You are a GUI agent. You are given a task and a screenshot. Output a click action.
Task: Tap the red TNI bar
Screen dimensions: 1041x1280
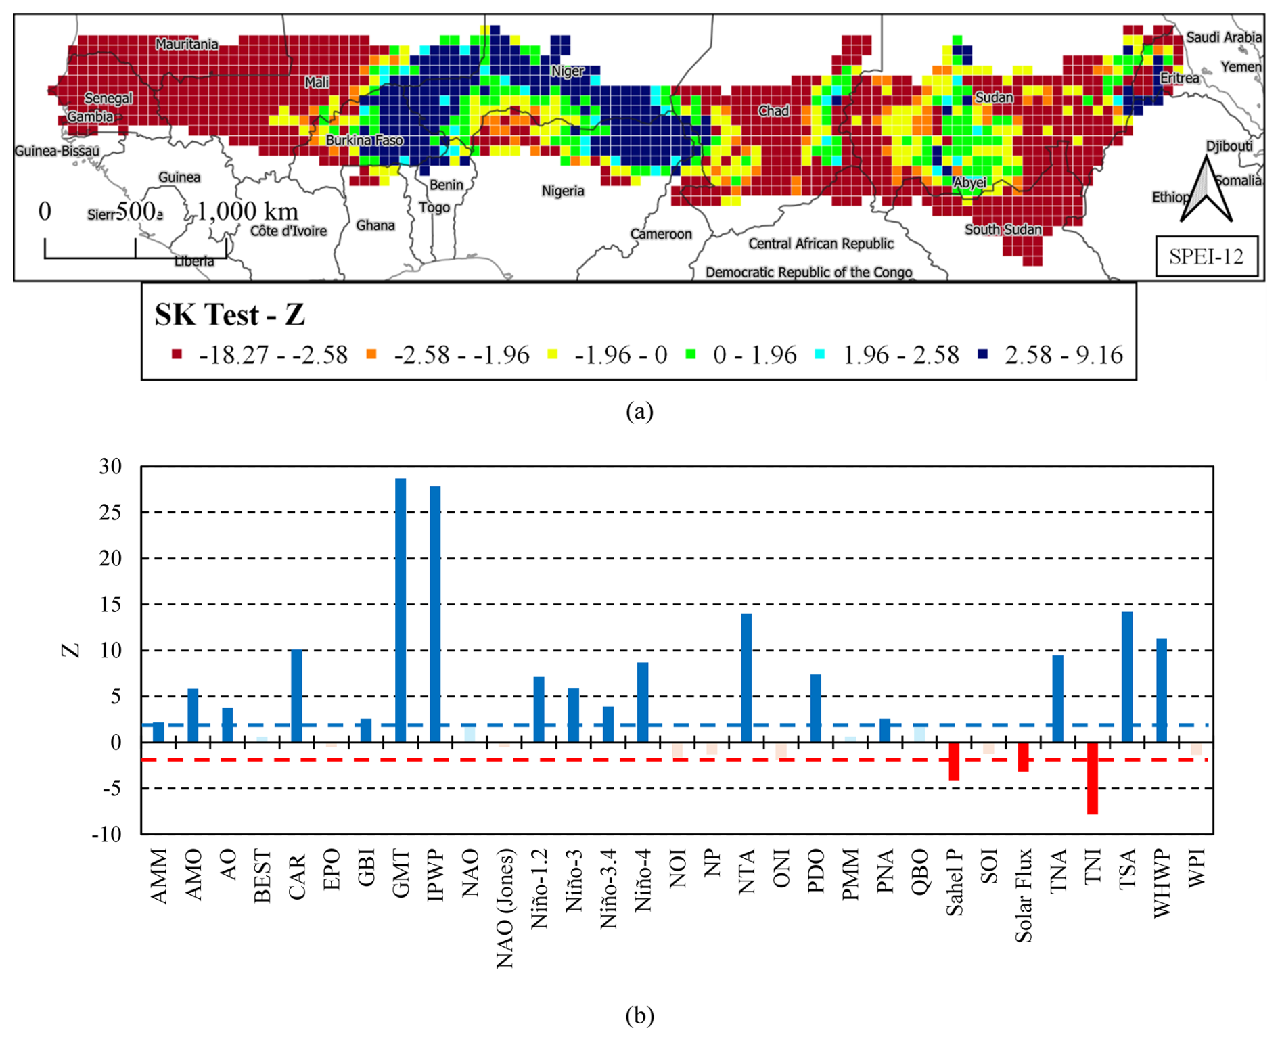point(1092,778)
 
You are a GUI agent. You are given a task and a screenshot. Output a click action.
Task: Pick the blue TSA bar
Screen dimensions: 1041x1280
point(1127,677)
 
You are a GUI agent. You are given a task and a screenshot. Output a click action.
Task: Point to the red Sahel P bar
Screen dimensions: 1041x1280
point(954,761)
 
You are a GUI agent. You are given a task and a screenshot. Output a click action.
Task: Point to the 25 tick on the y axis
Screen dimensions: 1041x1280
point(110,513)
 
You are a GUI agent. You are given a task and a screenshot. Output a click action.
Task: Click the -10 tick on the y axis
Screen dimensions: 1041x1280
point(107,834)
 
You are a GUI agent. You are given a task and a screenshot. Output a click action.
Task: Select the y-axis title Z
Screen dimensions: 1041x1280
point(71,650)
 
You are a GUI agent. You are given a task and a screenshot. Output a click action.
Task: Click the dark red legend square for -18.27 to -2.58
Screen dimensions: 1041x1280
point(177,354)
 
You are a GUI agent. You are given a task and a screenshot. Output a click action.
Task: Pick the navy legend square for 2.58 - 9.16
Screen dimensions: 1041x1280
point(983,354)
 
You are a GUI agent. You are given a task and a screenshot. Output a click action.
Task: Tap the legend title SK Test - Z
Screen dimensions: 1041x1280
point(229,315)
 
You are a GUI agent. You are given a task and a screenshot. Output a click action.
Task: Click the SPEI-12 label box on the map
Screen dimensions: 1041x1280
point(1206,256)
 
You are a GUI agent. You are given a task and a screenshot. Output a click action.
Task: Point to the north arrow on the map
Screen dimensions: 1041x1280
point(1206,190)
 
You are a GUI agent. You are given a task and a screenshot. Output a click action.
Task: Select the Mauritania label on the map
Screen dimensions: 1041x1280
point(187,45)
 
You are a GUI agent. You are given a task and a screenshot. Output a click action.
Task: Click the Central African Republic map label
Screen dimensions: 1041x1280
point(821,244)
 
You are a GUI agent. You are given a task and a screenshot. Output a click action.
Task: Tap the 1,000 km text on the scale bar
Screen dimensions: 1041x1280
point(248,212)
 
